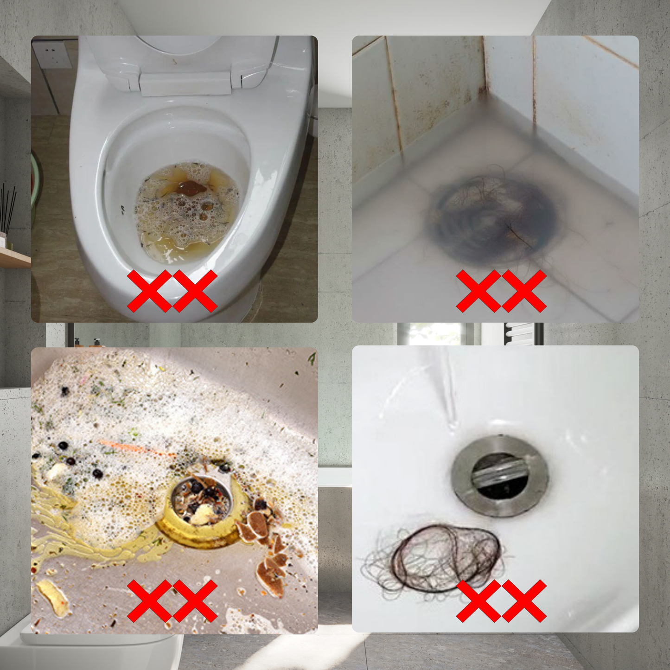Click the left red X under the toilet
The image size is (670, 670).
coord(149,291)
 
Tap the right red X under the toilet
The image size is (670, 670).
coord(195,291)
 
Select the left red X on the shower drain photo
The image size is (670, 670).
coord(479,291)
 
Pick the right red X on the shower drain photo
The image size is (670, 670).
coord(524,291)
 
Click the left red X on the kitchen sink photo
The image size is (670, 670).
coord(149,601)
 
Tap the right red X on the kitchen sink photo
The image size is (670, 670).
coord(195,601)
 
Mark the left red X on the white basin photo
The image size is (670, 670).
coord(479,601)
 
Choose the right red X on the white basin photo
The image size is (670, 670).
coord(524,601)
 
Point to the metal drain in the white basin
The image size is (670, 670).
coord(500,477)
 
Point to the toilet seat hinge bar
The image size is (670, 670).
coord(185,83)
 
